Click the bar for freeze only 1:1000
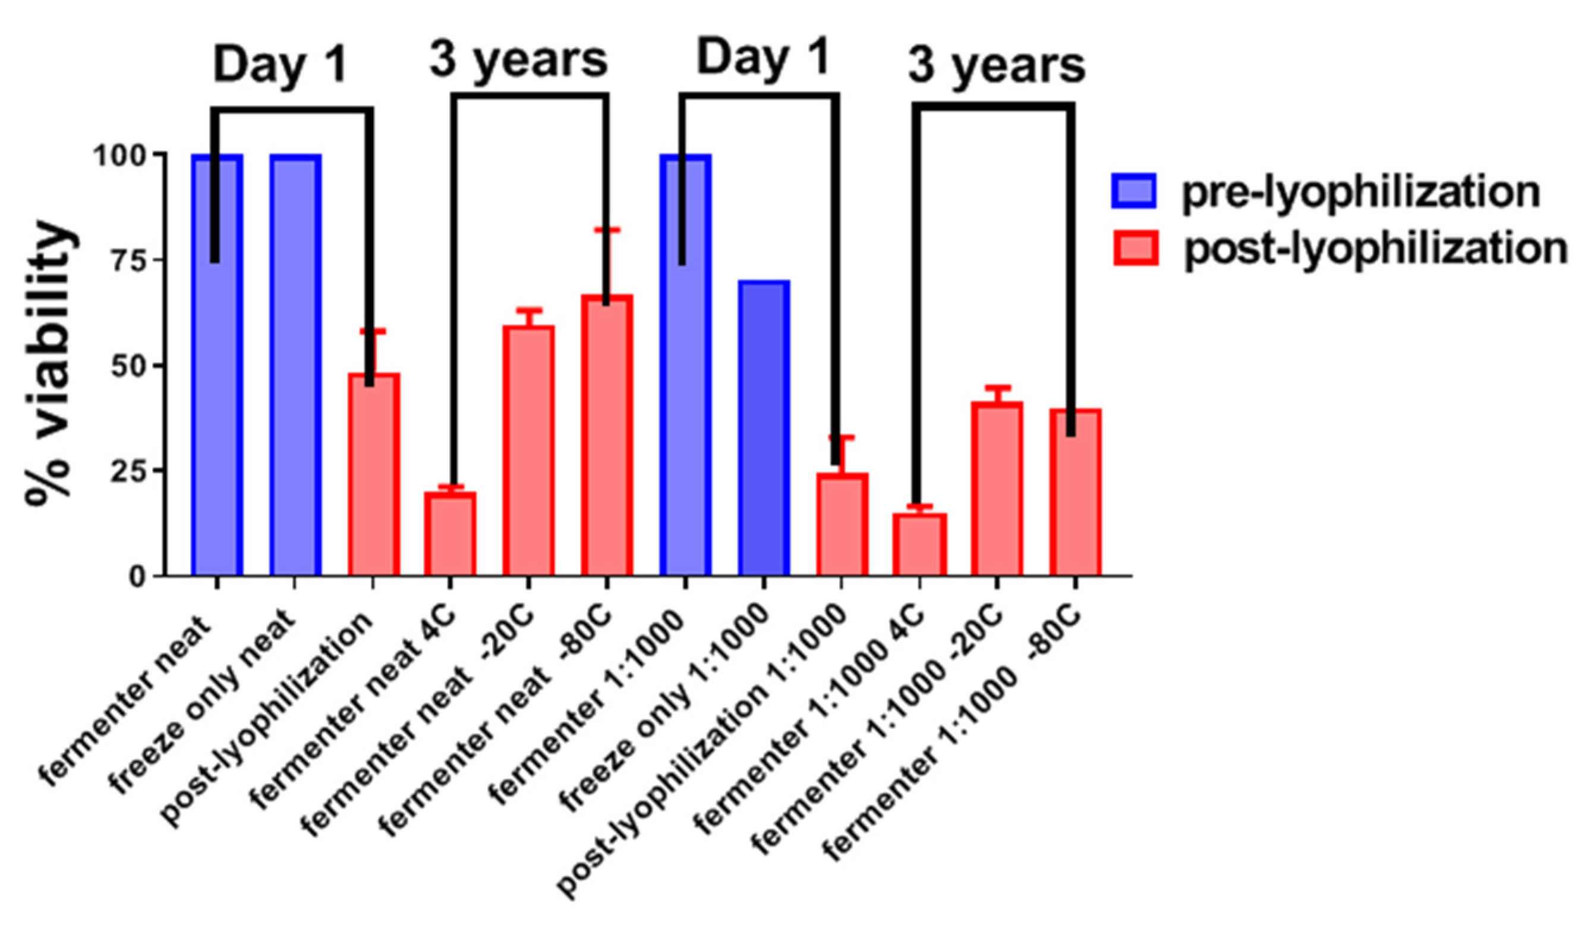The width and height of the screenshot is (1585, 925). (764, 428)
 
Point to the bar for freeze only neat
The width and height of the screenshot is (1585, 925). (295, 365)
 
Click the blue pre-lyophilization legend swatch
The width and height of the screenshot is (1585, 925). (1133, 191)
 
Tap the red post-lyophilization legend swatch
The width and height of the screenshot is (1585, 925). (1135, 248)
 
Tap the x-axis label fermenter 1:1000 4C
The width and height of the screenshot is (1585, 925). (811, 718)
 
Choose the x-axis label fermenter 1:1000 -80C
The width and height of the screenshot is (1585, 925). (956, 730)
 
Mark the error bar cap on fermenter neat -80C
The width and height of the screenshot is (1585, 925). (607, 229)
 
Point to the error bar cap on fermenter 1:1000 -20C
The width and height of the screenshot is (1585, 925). (997, 387)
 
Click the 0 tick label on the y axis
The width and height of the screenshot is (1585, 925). (138, 577)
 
